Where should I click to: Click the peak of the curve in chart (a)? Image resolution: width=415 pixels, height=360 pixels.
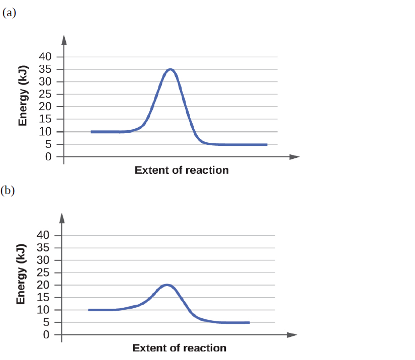click(171, 69)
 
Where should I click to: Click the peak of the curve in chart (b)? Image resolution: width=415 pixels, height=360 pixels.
click(168, 285)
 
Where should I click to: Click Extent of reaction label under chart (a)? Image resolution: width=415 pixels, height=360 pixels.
click(182, 170)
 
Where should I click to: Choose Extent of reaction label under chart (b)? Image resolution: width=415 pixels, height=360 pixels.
click(180, 348)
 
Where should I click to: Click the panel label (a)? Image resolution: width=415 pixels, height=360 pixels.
click(9, 13)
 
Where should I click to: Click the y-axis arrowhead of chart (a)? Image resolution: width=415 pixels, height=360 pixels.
click(64, 39)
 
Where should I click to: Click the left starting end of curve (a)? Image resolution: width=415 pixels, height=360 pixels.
click(92, 132)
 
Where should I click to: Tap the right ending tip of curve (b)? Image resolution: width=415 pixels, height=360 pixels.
click(248, 322)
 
